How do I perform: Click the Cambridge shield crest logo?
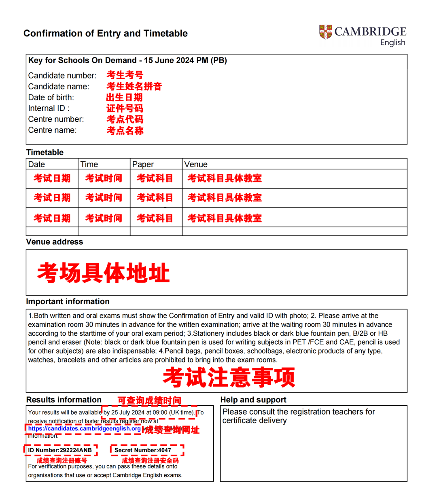(x=325, y=32)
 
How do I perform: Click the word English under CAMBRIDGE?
(x=392, y=42)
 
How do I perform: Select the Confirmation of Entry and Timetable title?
(x=105, y=33)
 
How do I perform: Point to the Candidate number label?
(x=62, y=76)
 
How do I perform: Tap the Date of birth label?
(x=51, y=97)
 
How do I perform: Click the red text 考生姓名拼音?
(x=134, y=86)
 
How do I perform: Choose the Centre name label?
(x=52, y=130)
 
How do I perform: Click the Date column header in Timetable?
(x=36, y=164)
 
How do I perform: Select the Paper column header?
(x=143, y=164)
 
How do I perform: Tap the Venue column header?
(x=196, y=164)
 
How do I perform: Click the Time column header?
(x=89, y=164)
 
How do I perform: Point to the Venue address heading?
(x=54, y=242)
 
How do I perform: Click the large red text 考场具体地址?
(x=103, y=273)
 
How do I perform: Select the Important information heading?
(x=68, y=301)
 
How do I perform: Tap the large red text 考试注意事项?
(x=229, y=377)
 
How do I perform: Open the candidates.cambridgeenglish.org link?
(x=84, y=428)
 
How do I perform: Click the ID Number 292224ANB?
(x=60, y=450)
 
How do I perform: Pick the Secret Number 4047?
(x=143, y=450)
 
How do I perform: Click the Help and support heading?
(x=253, y=400)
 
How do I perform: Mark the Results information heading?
(x=64, y=400)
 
